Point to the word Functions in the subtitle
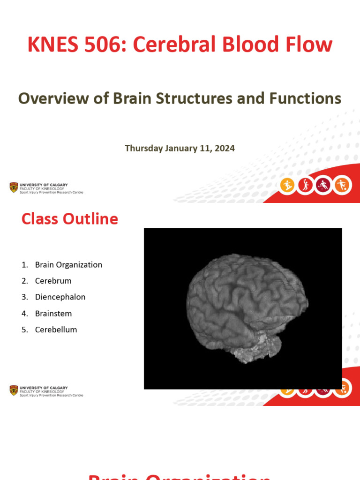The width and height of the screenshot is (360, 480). click(305, 98)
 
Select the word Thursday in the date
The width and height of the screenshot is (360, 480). click(143, 148)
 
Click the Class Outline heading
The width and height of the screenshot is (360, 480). click(69, 219)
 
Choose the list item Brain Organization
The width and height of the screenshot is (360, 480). click(68, 265)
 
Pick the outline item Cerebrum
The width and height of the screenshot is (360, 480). click(53, 281)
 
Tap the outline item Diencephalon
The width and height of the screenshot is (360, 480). click(60, 297)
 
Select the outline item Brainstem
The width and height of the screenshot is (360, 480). click(53, 314)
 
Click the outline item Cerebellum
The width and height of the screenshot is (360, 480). click(56, 330)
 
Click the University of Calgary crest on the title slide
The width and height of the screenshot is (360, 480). click(14, 187)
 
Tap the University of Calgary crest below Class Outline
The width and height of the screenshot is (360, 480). click(14, 390)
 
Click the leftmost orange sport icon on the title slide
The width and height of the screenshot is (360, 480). click(287, 186)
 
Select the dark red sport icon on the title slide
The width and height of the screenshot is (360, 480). click(323, 186)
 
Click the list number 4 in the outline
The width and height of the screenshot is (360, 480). click(24, 314)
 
